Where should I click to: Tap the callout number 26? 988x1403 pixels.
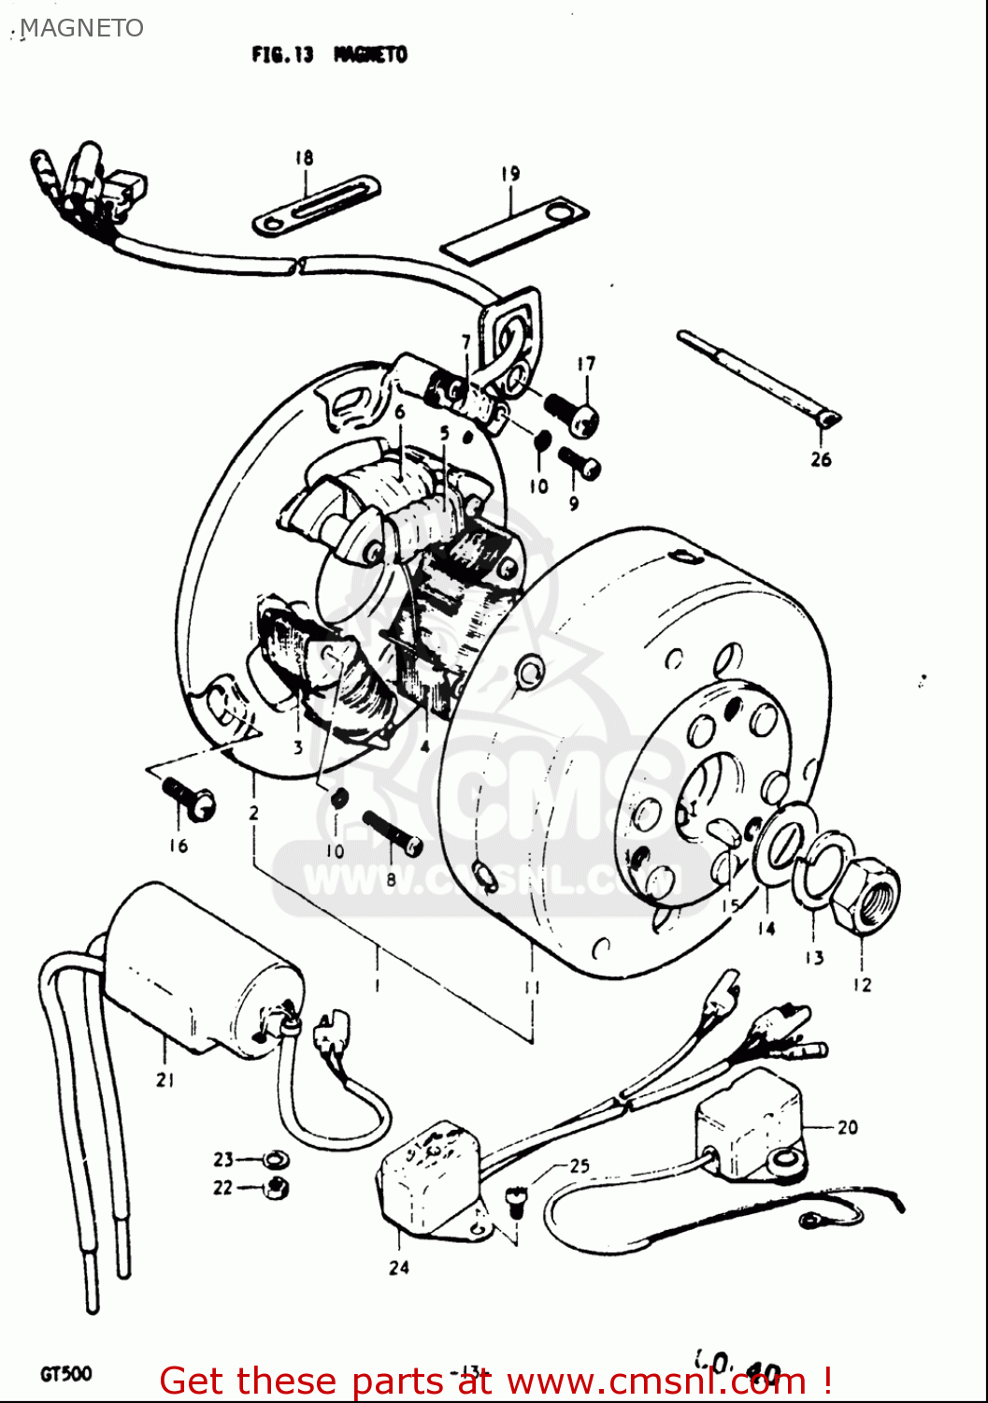(x=821, y=459)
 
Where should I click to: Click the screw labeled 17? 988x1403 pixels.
(x=572, y=415)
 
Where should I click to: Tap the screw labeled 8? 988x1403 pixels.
(x=394, y=832)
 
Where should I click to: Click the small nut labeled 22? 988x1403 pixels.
(x=277, y=1188)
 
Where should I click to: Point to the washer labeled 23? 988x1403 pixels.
(x=275, y=1160)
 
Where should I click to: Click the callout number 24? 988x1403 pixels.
(x=399, y=1267)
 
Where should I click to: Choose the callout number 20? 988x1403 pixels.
(x=847, y=1127)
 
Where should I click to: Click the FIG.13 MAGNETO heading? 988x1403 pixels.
(x=329, y=55)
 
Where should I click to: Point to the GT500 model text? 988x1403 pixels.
(x=65, y=1374)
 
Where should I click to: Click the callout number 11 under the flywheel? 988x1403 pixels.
(x=532, y=987)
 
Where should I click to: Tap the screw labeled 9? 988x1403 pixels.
(x=580, y=463)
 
